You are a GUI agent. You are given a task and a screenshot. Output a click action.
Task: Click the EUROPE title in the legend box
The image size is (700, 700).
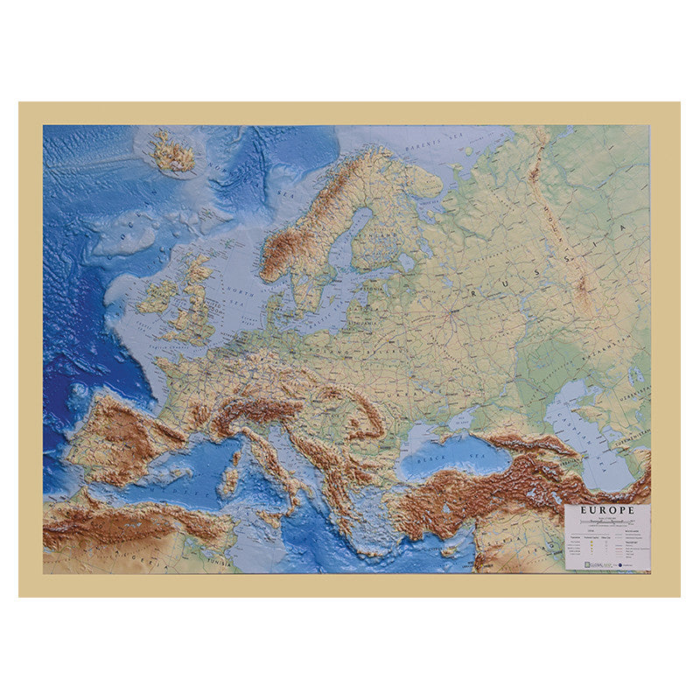[x=606, y=510]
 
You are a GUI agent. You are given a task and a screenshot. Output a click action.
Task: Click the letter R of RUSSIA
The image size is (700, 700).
[x=473, y=290]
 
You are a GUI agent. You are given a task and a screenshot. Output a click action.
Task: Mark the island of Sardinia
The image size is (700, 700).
[x=230, y=478]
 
